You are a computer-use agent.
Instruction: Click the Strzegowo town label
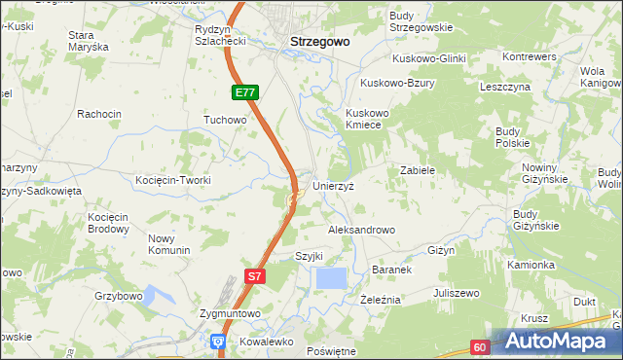pos(320,43)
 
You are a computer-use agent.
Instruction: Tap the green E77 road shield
pos(245,92)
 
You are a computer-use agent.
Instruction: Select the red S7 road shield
pos(253,276)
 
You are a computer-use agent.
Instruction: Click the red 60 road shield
pos(480,345)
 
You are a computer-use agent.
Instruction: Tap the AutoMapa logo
pos(556,342)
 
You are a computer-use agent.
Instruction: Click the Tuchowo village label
pos(225,120)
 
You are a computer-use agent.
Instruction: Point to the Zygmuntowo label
pos(230,313)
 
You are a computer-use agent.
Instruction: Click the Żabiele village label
pos(417,169)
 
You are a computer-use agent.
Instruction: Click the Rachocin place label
pos(99,114)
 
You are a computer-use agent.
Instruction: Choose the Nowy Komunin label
pos(168,244)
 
